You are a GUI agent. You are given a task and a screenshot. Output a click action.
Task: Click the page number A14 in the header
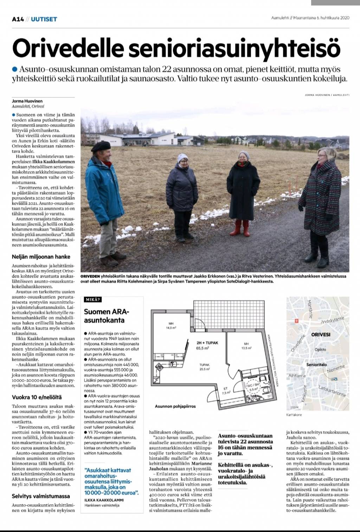(x=18, y=19)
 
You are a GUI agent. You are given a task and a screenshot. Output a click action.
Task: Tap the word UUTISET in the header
(x=44, y=19)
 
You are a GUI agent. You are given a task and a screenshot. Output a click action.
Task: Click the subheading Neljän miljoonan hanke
(x=41, y=257)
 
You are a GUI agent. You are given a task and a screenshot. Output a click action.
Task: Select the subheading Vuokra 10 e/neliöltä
(x=37, y=397)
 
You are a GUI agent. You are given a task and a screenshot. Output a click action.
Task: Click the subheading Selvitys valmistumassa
(x=41, y=496)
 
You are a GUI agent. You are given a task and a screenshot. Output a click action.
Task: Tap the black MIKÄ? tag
(x=93, y=300)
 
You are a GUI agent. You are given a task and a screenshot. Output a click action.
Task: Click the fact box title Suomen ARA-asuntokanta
(x=107, y=316)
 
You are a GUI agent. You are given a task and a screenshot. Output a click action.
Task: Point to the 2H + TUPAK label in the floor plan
(x=207, y=343)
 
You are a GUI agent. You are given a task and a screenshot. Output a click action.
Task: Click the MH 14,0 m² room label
(x=171, y=326)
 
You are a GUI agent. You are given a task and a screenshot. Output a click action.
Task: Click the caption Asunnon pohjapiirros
(x=175, y=406)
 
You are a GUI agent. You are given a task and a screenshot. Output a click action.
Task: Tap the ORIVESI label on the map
(x=321, y=335)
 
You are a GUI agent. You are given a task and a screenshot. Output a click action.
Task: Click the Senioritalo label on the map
(x=316, y=365)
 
